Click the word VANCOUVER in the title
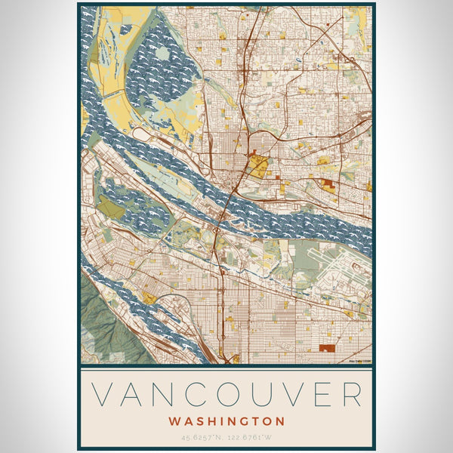coord(226,395)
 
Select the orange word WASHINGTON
coord(226,421)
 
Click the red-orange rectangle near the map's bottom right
coord(327,348)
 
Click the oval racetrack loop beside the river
coord(142,134)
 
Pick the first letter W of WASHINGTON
coord(174,421)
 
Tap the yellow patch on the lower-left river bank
coord(149,298)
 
